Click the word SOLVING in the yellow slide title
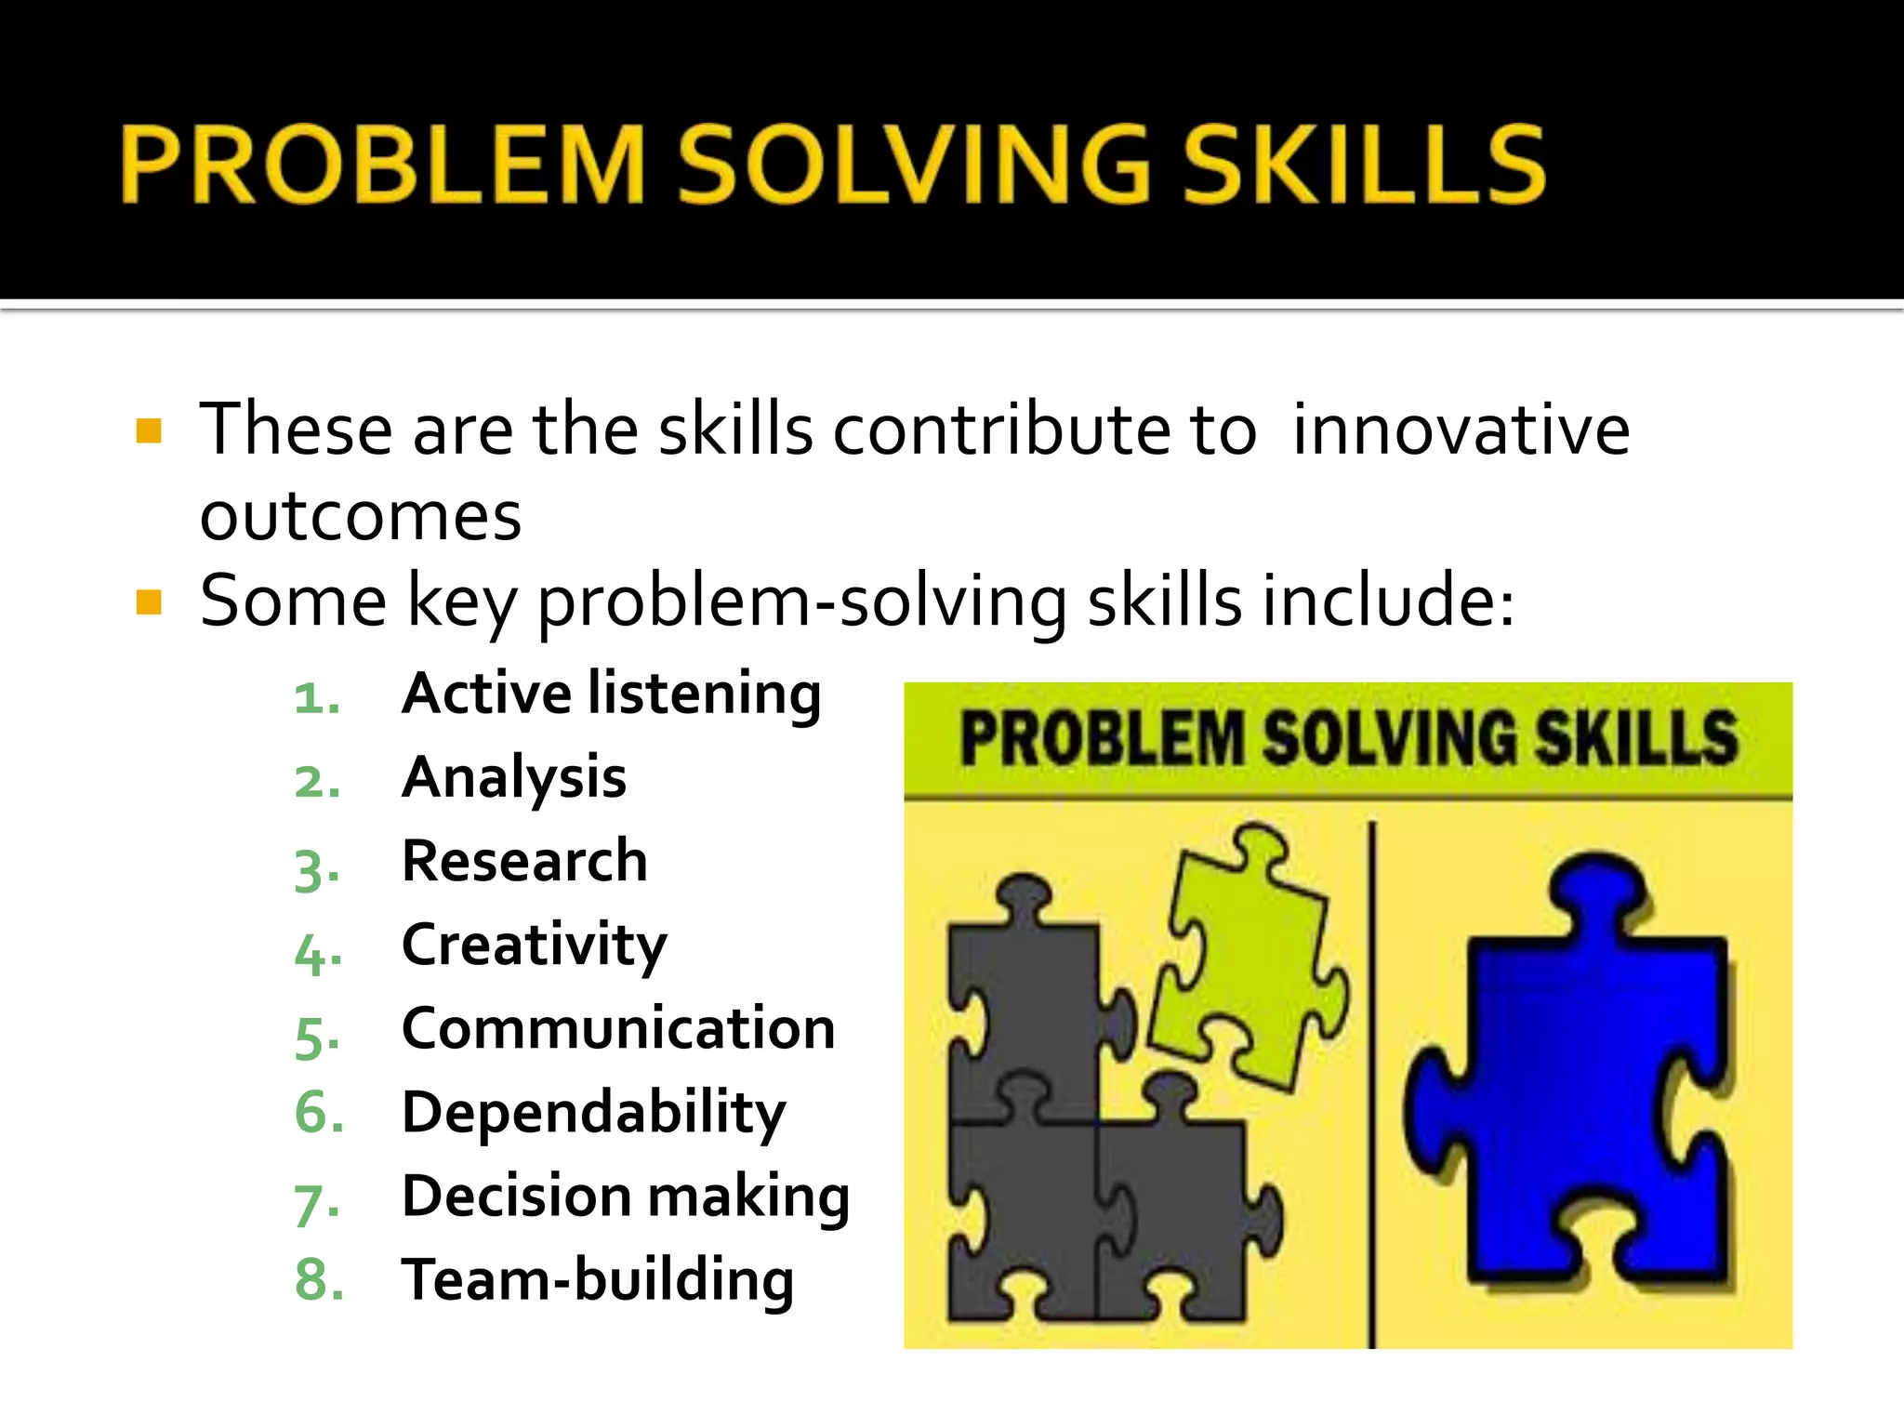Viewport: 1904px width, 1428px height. [x=913, y=165]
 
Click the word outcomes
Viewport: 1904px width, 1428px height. [x=360, y=517]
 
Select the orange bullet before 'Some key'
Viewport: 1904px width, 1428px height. [x=149, y=602]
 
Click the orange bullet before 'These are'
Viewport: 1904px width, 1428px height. [x=149, y=430]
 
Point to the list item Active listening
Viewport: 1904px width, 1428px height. [x=611, y=694]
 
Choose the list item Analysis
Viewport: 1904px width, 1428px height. [x=513, y=777]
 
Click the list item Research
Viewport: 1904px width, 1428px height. [x=524, y=861]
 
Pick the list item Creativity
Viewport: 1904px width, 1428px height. [x=534, y=945]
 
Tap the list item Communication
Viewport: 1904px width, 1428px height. [x=618, y=1028]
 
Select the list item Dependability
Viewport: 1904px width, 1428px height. [x=593, y=1113]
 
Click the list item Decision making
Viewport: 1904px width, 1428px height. [x=625, y=1196]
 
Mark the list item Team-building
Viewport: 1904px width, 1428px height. [x=597, y=1280]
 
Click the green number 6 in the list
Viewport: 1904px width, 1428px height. [x=317, y=1113]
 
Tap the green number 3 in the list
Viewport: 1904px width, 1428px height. [x=315, y=868]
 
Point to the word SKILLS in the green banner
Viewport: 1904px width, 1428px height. [x=1635, y=739]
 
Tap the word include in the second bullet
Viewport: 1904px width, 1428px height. [x=1377, y=602]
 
